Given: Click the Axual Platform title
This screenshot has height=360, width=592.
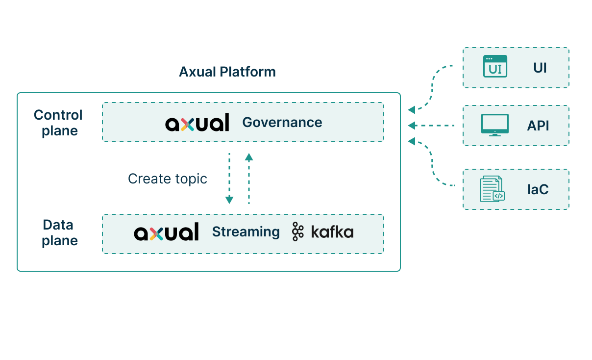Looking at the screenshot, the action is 227,72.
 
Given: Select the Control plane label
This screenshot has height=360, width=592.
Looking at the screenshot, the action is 58,123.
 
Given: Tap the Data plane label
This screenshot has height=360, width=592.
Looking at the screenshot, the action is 59,233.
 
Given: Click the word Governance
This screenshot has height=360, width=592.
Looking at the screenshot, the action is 282,123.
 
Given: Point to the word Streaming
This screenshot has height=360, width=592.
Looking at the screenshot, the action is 246,232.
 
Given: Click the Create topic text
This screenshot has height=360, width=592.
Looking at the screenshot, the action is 168,179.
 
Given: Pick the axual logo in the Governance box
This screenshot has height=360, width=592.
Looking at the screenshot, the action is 197,123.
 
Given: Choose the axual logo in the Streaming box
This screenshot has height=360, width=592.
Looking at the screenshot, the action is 166,231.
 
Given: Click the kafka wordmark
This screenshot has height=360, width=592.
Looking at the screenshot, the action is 332,232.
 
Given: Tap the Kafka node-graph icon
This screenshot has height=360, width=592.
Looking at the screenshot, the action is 298,231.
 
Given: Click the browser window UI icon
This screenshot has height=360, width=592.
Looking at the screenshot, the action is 495,66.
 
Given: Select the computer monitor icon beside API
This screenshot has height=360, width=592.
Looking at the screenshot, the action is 495,125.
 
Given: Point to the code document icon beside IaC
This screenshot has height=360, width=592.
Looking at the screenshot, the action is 492,189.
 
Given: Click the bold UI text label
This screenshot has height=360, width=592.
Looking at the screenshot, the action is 540,68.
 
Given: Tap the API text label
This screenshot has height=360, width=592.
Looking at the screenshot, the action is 538,126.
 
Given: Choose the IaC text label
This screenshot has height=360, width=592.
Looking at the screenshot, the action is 538,189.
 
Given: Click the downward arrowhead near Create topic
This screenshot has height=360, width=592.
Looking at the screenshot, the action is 229,200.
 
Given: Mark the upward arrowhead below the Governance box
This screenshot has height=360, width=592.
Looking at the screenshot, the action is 248,157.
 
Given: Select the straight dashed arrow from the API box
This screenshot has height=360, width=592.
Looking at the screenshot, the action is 431,126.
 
